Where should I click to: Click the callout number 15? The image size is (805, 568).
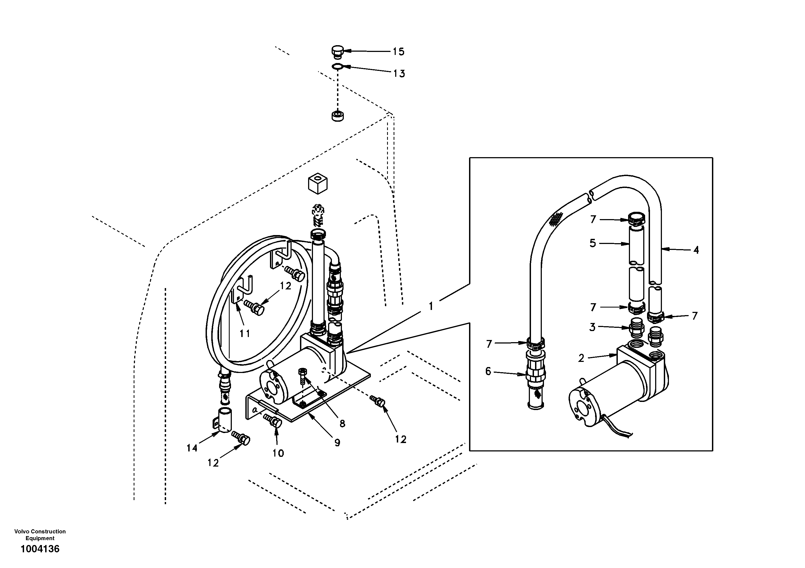pyautogui.click(x=398, y=52)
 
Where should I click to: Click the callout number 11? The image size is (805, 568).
pyautogui.click(x=245, y=333)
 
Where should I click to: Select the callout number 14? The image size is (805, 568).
pyautogui.click(x=192, y=448)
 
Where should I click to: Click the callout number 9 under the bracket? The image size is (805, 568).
pyautogui.click(x=337, y=443)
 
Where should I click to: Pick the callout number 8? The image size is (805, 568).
pyautogui.click(x=342, y=424)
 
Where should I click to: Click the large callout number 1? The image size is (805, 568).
pyautogui.click(x=431, y=306)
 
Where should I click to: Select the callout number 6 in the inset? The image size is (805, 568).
pyautogui.click(x=488, y=371)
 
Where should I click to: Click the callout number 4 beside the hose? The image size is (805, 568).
pyautogui.click(x=696, y=250)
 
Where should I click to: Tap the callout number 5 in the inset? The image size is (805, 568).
pyautogui.click(x=593, y=243)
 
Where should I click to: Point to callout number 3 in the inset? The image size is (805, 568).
pyautogui.click(x=592, y=327)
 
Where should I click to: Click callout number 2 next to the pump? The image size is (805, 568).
pyautogui.click(x=581, y=358)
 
